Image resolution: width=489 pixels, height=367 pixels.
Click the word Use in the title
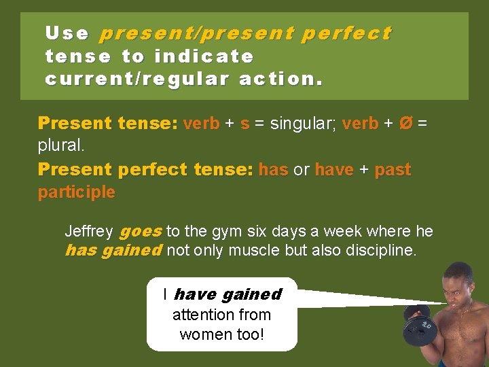tap(67, 33)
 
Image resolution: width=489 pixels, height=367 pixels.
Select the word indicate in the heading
tap(204, 56)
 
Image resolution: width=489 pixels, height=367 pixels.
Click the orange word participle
tap(76, 192)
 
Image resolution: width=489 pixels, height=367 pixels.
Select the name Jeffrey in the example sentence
tap(89, 232)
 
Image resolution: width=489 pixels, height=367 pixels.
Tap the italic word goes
tap(141, 232)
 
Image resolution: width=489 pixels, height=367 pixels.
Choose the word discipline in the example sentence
tap(380, 250)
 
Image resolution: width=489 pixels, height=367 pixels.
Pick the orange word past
tap(393, 169)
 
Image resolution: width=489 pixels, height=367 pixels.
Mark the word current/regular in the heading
tap(139, 78)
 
